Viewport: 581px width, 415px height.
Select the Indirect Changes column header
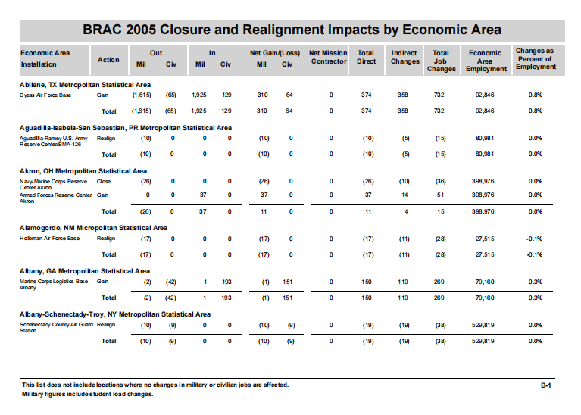(x=405, y=57)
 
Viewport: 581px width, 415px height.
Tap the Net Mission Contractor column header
(x=328, y=57)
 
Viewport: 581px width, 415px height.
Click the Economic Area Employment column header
(x=486, y=61)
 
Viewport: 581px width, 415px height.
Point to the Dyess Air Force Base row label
(x=45, y=95)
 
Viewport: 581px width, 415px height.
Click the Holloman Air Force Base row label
(x=49, y=239)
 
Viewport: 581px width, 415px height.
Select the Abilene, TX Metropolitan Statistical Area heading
(x=85, y=85)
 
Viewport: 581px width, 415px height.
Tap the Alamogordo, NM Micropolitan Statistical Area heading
(x=93, y=228)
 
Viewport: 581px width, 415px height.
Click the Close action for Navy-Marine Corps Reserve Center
(x=103, y=182)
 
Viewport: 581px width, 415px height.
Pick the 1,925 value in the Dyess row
(x=199, y=95)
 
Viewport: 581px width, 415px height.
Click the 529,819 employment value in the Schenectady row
(x=483, y=325)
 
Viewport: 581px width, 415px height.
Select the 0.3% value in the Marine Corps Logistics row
(x=535, y=282)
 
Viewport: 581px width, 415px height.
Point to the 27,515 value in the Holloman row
(x=485, y=239)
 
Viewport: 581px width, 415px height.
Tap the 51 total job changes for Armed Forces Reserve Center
(x=440, y=195)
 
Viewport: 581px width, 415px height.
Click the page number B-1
(x=546, y=385)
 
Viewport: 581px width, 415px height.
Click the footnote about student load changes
(x=87, y=394)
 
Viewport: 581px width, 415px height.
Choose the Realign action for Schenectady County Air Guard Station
(x=105, y=325)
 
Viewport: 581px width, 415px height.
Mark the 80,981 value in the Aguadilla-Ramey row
(x=485, y=139)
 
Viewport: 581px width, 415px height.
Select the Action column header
(x=108, y=60)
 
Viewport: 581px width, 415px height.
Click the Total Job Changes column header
(x=441, y=61)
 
